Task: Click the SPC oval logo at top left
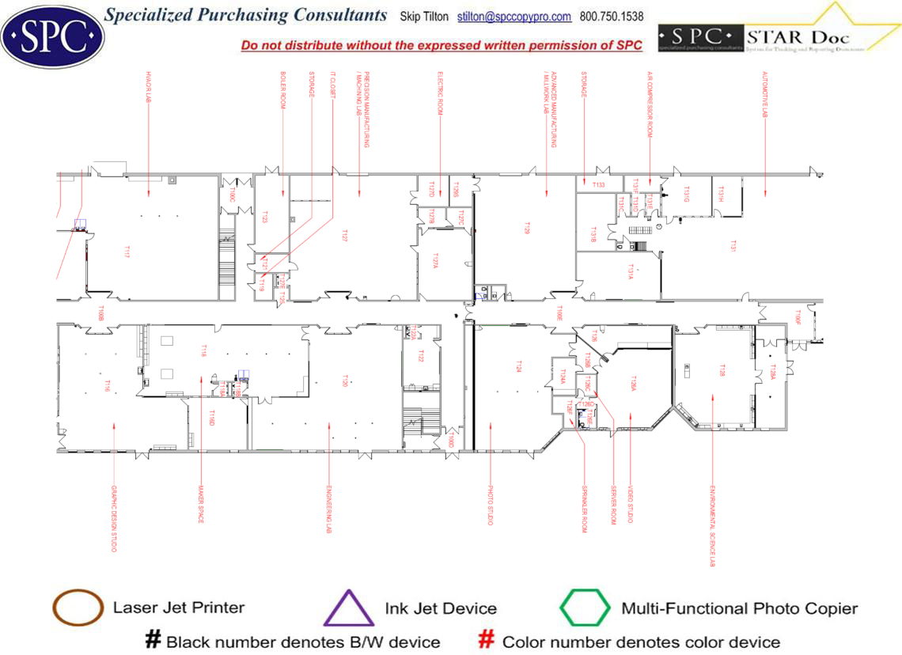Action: pyautogui.click(x=53, y=36)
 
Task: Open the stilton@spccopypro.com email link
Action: pyautogui.click(x=514, y=17)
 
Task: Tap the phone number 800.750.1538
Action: pyautogui.click(x=612, y=17)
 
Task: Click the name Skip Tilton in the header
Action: pyautogui.click(x=424, y=17)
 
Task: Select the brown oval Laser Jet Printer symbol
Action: pyautogui.click(x=78, y=608)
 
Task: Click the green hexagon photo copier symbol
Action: pyautogui.click(x=585, y=608)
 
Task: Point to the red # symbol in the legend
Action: pyautogui.click(x=487, y=640)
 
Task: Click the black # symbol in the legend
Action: pyautogui.click(x=153, y=640)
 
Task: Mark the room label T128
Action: pyautogui.click(x=721, y=369)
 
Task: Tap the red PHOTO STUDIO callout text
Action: pyautogui.click(x=491, y=505)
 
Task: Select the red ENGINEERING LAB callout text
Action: pyautogui.click(x=329, y=509)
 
